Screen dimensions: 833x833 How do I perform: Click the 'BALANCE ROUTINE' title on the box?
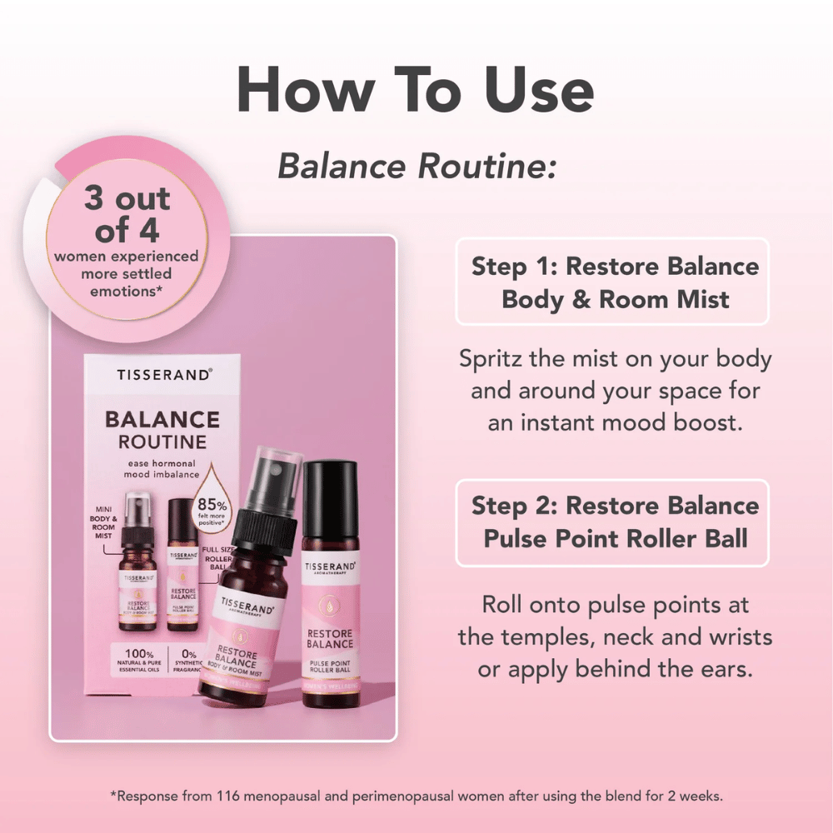pos(162,430)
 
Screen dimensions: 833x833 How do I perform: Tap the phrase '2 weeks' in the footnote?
pos(692,796)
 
